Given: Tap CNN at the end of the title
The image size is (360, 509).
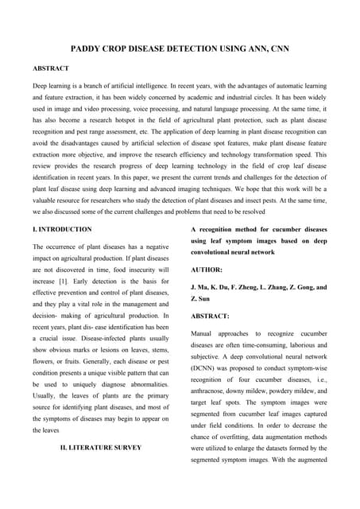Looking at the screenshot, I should (x=277, y=49).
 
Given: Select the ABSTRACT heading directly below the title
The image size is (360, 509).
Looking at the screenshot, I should (x=50, y=68).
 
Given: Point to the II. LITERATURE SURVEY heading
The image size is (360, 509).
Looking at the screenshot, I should (x=101, y=447).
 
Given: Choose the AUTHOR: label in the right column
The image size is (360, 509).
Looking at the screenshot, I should (x=207, y=270).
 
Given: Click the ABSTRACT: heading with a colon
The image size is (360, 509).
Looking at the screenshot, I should (x=210, y=316).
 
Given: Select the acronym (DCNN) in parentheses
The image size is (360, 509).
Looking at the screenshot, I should (x=207, y=369).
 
